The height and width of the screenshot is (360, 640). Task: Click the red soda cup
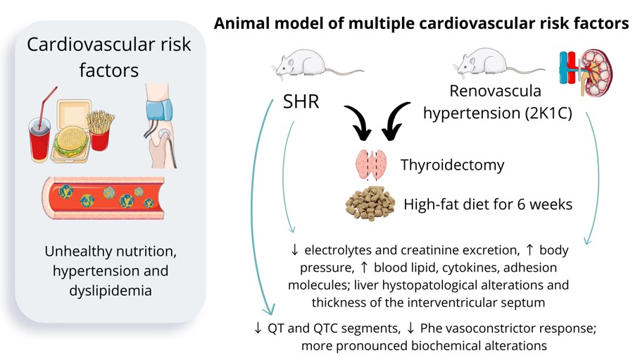39,137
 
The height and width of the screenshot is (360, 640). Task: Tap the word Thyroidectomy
452,166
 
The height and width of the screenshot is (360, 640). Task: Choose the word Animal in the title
244,24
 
